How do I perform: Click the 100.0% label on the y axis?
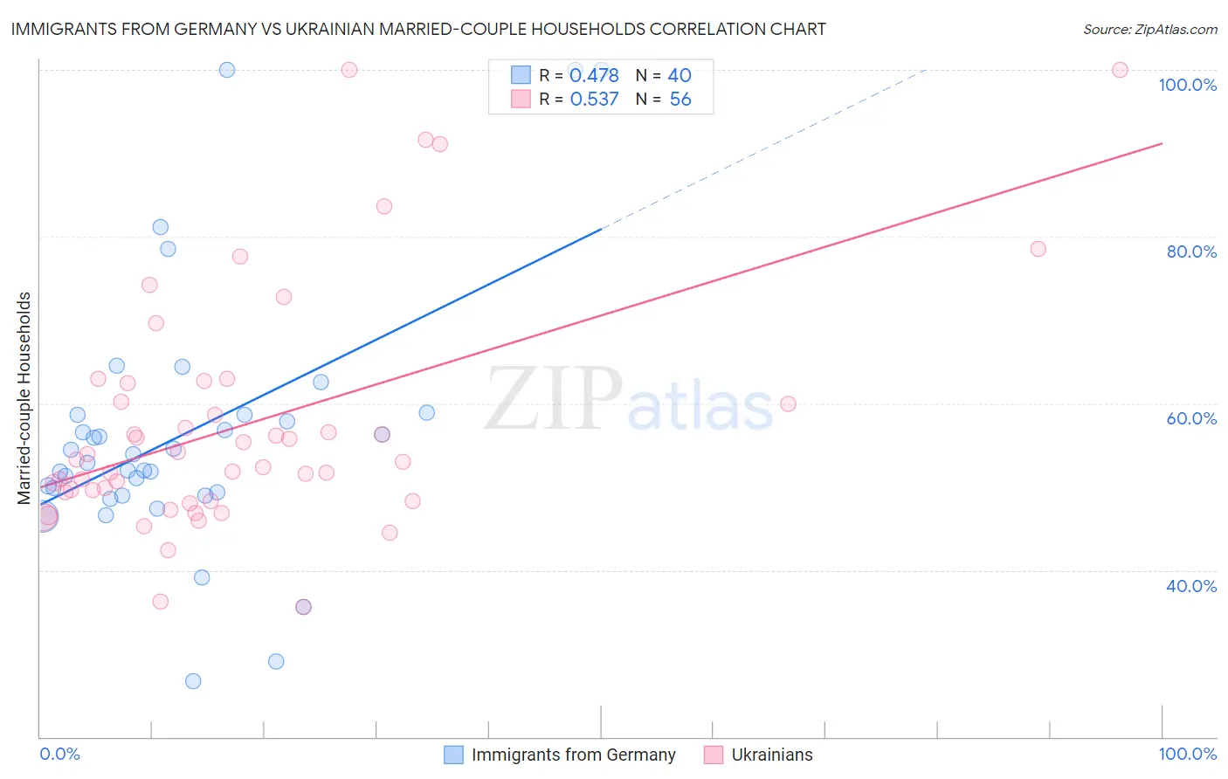coord(1187,85)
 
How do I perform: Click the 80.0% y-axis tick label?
coord(1191,252)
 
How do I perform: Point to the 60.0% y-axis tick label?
coord(1191,418)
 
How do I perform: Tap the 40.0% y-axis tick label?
coord(1191,586)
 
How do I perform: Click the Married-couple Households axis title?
coord(24,398)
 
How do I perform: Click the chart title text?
coord(418,30)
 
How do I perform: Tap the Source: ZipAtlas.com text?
coord(1149,30)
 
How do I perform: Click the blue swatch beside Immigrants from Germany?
coord(453,755)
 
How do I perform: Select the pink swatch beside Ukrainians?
coord(714,755)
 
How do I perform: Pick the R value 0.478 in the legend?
coord(594,76)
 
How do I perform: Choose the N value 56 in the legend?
coord(680,100)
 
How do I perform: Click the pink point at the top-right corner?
coord(1120,70)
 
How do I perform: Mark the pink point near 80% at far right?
coord(1038,249)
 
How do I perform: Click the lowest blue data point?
coord(193,681)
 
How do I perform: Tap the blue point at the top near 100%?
coord(227,70)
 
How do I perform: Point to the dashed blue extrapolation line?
coord(760,149)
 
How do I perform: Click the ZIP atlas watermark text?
coord(629,400)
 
